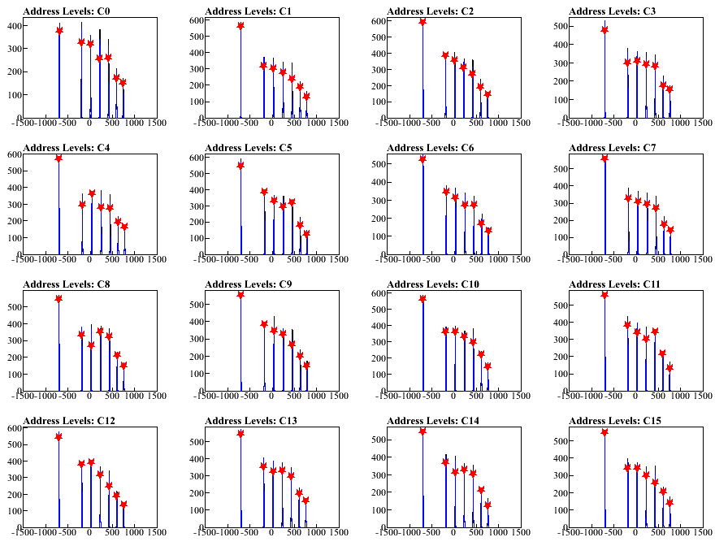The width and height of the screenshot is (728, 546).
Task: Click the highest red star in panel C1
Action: click(240, 26)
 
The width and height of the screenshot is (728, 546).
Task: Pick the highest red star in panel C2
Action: click(422, 22)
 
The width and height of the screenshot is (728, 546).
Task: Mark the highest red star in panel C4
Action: click(58, 158)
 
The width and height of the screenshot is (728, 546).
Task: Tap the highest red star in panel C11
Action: click(604, 295)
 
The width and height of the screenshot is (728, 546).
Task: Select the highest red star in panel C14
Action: click(422, 431)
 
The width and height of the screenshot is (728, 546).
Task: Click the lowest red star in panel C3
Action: click(669, 89)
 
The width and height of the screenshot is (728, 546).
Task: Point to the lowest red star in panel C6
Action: click(487, 231)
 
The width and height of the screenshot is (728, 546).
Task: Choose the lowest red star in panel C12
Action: click(123, 505)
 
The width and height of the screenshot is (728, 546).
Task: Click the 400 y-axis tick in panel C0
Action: click(14, 26)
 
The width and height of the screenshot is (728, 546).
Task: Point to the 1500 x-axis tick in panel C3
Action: click(703, 123)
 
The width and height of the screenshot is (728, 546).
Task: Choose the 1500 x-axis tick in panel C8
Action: click(157, 396)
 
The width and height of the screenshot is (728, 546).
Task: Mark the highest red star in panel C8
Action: click(58, 299)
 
